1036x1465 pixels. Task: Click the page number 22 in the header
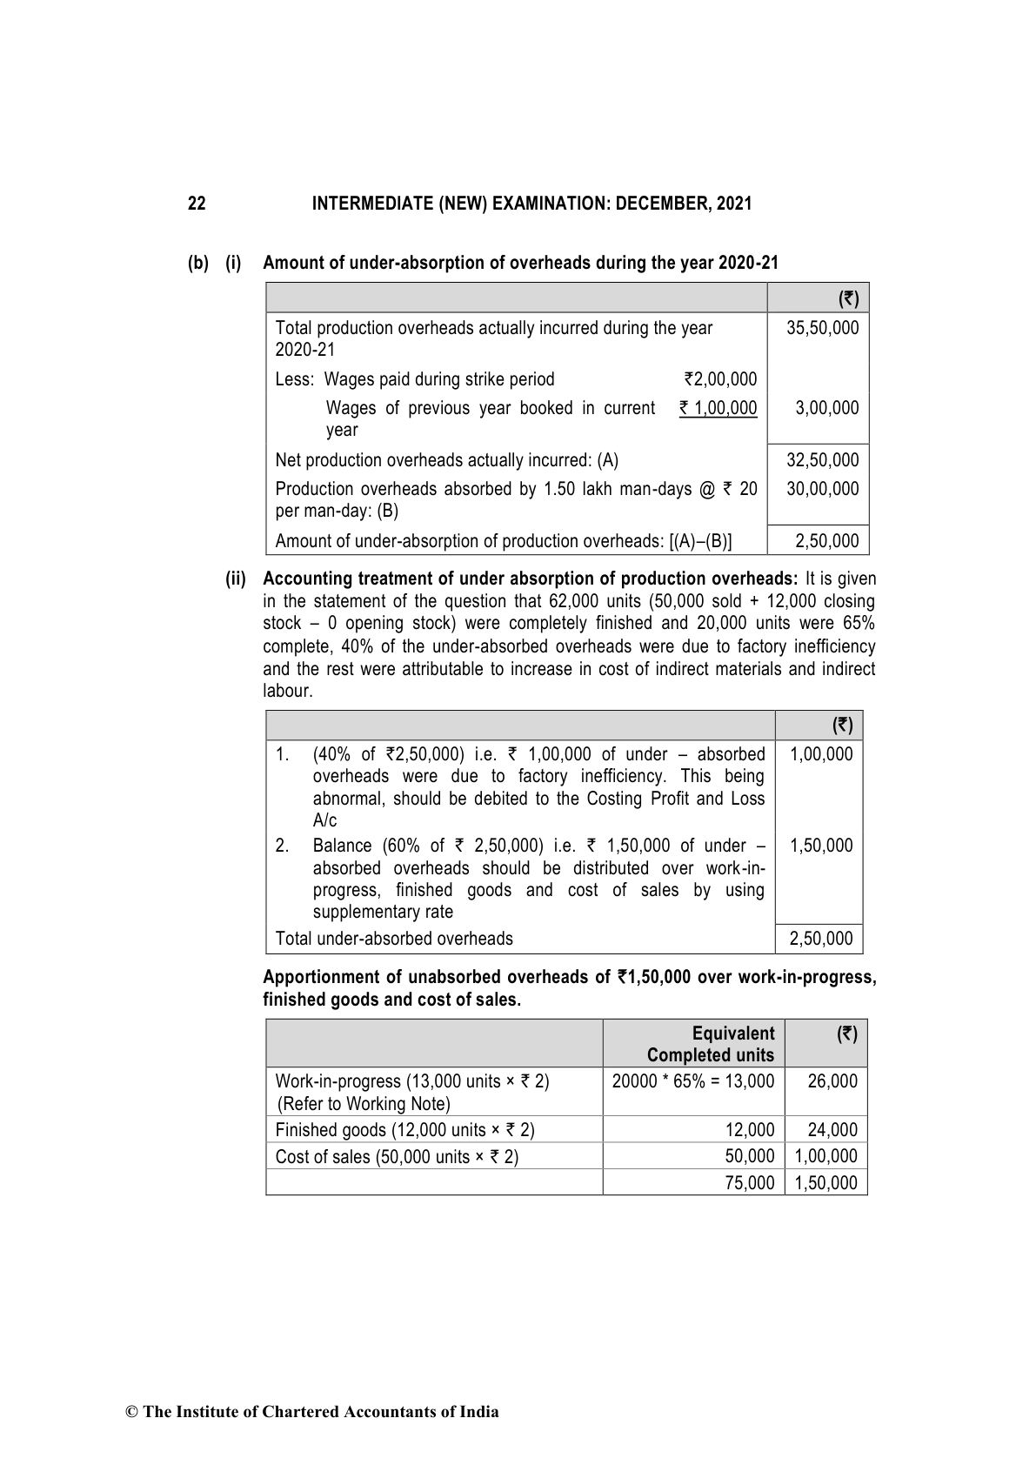click(197, 204)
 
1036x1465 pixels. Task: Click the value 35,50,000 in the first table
click(822, 328)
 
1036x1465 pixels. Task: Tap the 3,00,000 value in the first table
click(826, 408)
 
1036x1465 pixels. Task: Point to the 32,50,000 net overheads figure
click(822, 460)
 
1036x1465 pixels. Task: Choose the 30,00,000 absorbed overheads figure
click(822, 489)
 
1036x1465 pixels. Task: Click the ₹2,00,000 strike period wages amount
click(720, 379)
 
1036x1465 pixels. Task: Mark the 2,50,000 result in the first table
click(826, 541)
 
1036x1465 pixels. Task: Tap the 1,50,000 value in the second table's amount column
click(821, 846)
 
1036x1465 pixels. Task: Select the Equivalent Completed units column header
click(710, 1044)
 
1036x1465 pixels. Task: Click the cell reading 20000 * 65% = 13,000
click(692, 1081)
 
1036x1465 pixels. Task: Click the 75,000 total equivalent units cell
click(750, 1182)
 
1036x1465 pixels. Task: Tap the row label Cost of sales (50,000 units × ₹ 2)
click(397, 1156)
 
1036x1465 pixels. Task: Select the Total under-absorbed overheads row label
click(394, 939)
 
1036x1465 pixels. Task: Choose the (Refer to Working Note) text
click(363, 1104)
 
